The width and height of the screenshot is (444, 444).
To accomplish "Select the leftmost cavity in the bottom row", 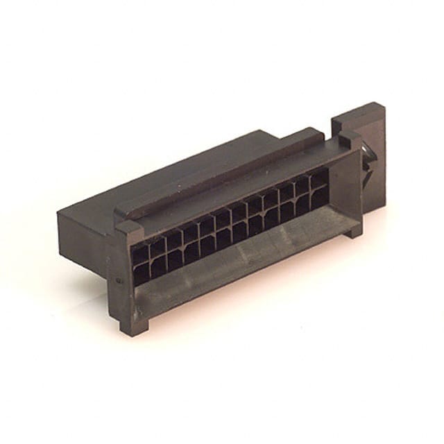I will (x=141, y=273).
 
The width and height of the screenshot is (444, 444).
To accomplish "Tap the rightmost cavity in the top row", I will (x=319, y=179).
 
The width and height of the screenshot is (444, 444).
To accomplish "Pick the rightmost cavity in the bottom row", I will (x=320, y=198).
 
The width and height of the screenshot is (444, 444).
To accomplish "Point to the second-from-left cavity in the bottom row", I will (x=157, y=266).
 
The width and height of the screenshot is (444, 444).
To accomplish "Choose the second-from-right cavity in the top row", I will (x=302, y=186).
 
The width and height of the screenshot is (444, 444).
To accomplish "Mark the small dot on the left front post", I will (x=119, y=280).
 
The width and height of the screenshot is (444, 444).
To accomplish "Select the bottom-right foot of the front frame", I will (x=354, y=230).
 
